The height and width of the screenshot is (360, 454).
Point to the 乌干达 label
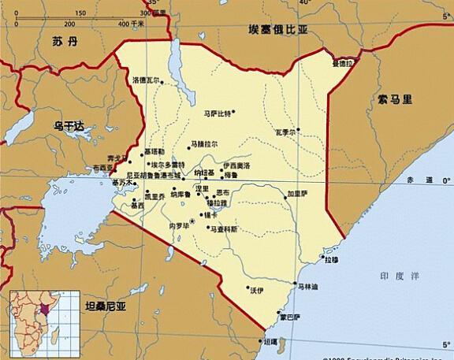(x=69, y=124)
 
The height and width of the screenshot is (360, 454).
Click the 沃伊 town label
(x=256, y=290)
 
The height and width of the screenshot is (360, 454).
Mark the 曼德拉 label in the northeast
(x=342, y=62)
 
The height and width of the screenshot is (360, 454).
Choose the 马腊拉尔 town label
(x=204, y=144)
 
